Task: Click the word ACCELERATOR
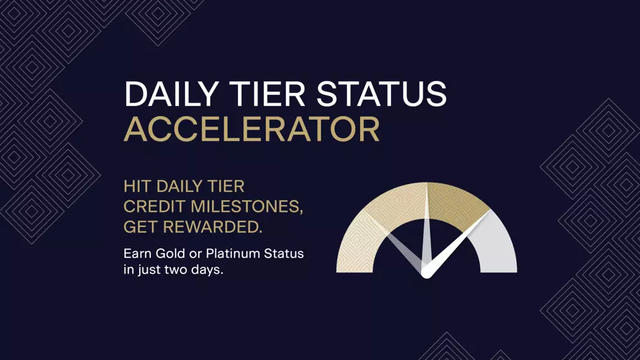pos(252,129)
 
